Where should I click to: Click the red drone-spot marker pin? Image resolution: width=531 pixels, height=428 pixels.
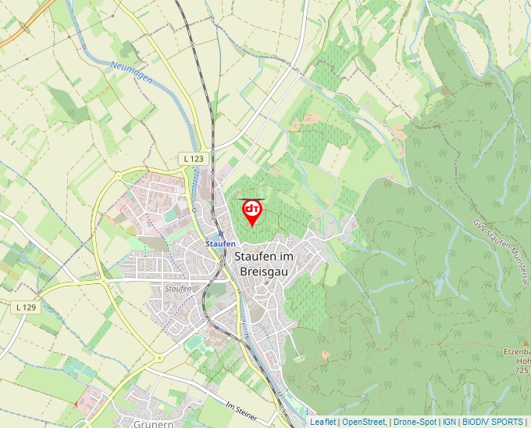(252, 212)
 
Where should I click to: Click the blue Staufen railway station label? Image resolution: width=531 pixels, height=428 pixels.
(220, 243)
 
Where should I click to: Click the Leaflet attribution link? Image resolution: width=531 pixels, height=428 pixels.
(323, 422)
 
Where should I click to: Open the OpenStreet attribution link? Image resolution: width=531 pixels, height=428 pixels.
(364, 422)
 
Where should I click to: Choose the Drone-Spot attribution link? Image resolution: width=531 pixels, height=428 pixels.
(415, 422)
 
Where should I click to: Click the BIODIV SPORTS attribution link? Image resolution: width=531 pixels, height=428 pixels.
(493, 422)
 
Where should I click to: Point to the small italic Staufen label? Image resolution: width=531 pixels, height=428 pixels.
(178, 289)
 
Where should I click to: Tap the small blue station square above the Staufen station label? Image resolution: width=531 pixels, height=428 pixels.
(221, 233)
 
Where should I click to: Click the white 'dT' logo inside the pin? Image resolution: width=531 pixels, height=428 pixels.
(252, 208)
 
